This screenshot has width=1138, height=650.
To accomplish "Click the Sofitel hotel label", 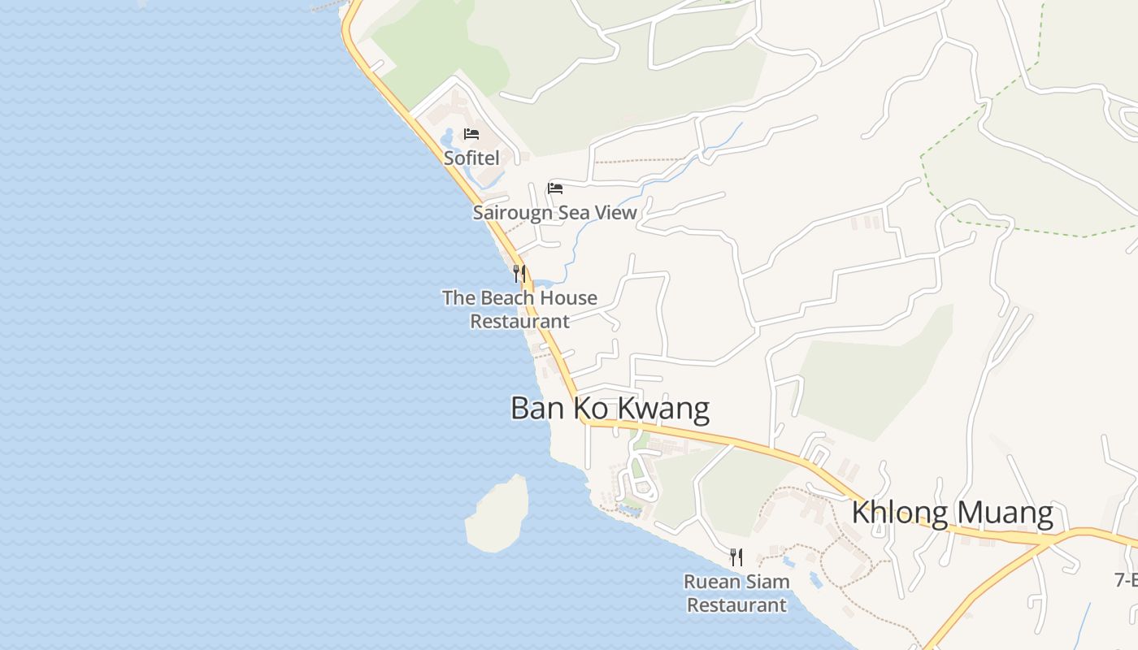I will point(471,158).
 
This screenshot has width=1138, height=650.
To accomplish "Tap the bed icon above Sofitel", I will point(471,134).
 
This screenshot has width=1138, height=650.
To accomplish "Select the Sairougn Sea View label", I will point(554,213).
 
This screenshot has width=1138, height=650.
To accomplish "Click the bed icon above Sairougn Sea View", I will point(555,188).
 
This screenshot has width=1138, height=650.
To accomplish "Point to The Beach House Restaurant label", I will point(519,310).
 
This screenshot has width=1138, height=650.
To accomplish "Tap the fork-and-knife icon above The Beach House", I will point(519,273).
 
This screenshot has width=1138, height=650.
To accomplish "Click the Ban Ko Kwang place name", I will point(610,408).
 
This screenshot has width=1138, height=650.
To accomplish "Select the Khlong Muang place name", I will point(952,513).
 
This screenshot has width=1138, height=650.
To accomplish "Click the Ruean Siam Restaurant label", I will point(736,593).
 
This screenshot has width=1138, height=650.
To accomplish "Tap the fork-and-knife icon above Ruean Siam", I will point(736,557).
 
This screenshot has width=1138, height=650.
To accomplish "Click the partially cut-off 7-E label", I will point(1126,579).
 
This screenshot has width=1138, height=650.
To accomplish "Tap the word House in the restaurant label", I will point(566,298).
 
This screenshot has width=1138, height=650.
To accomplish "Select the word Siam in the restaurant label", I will point(767,582).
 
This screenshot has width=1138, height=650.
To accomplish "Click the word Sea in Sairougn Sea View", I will point(576,213).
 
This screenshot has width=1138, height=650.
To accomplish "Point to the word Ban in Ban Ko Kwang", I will point(532,408).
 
